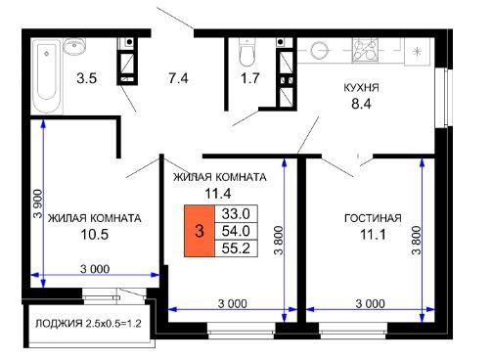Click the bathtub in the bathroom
tap(48, 76)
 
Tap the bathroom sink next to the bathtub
tap(74, 46)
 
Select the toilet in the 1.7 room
tap(246, 53)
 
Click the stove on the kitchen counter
tap(365, 50)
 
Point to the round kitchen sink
tap(319, 51)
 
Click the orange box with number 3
tap(200, 231)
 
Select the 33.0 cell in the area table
tap(236, 214)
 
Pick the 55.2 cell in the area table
tap(236, 248)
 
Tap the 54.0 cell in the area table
tap(236, 231)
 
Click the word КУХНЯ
tap(361, 88)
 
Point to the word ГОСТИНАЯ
tap(373, 218)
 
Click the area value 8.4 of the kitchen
tap(361, 104)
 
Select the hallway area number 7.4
tap(178, 78)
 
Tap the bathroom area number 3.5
tap(87, 78)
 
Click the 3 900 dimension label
tap(38, 203)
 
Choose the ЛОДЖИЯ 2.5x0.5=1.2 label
tap(88, 324)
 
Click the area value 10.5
tap(95, 235)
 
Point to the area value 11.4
tap(218, 194)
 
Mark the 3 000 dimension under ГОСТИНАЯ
tap(370, 303)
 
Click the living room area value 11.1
tap(373, 235)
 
